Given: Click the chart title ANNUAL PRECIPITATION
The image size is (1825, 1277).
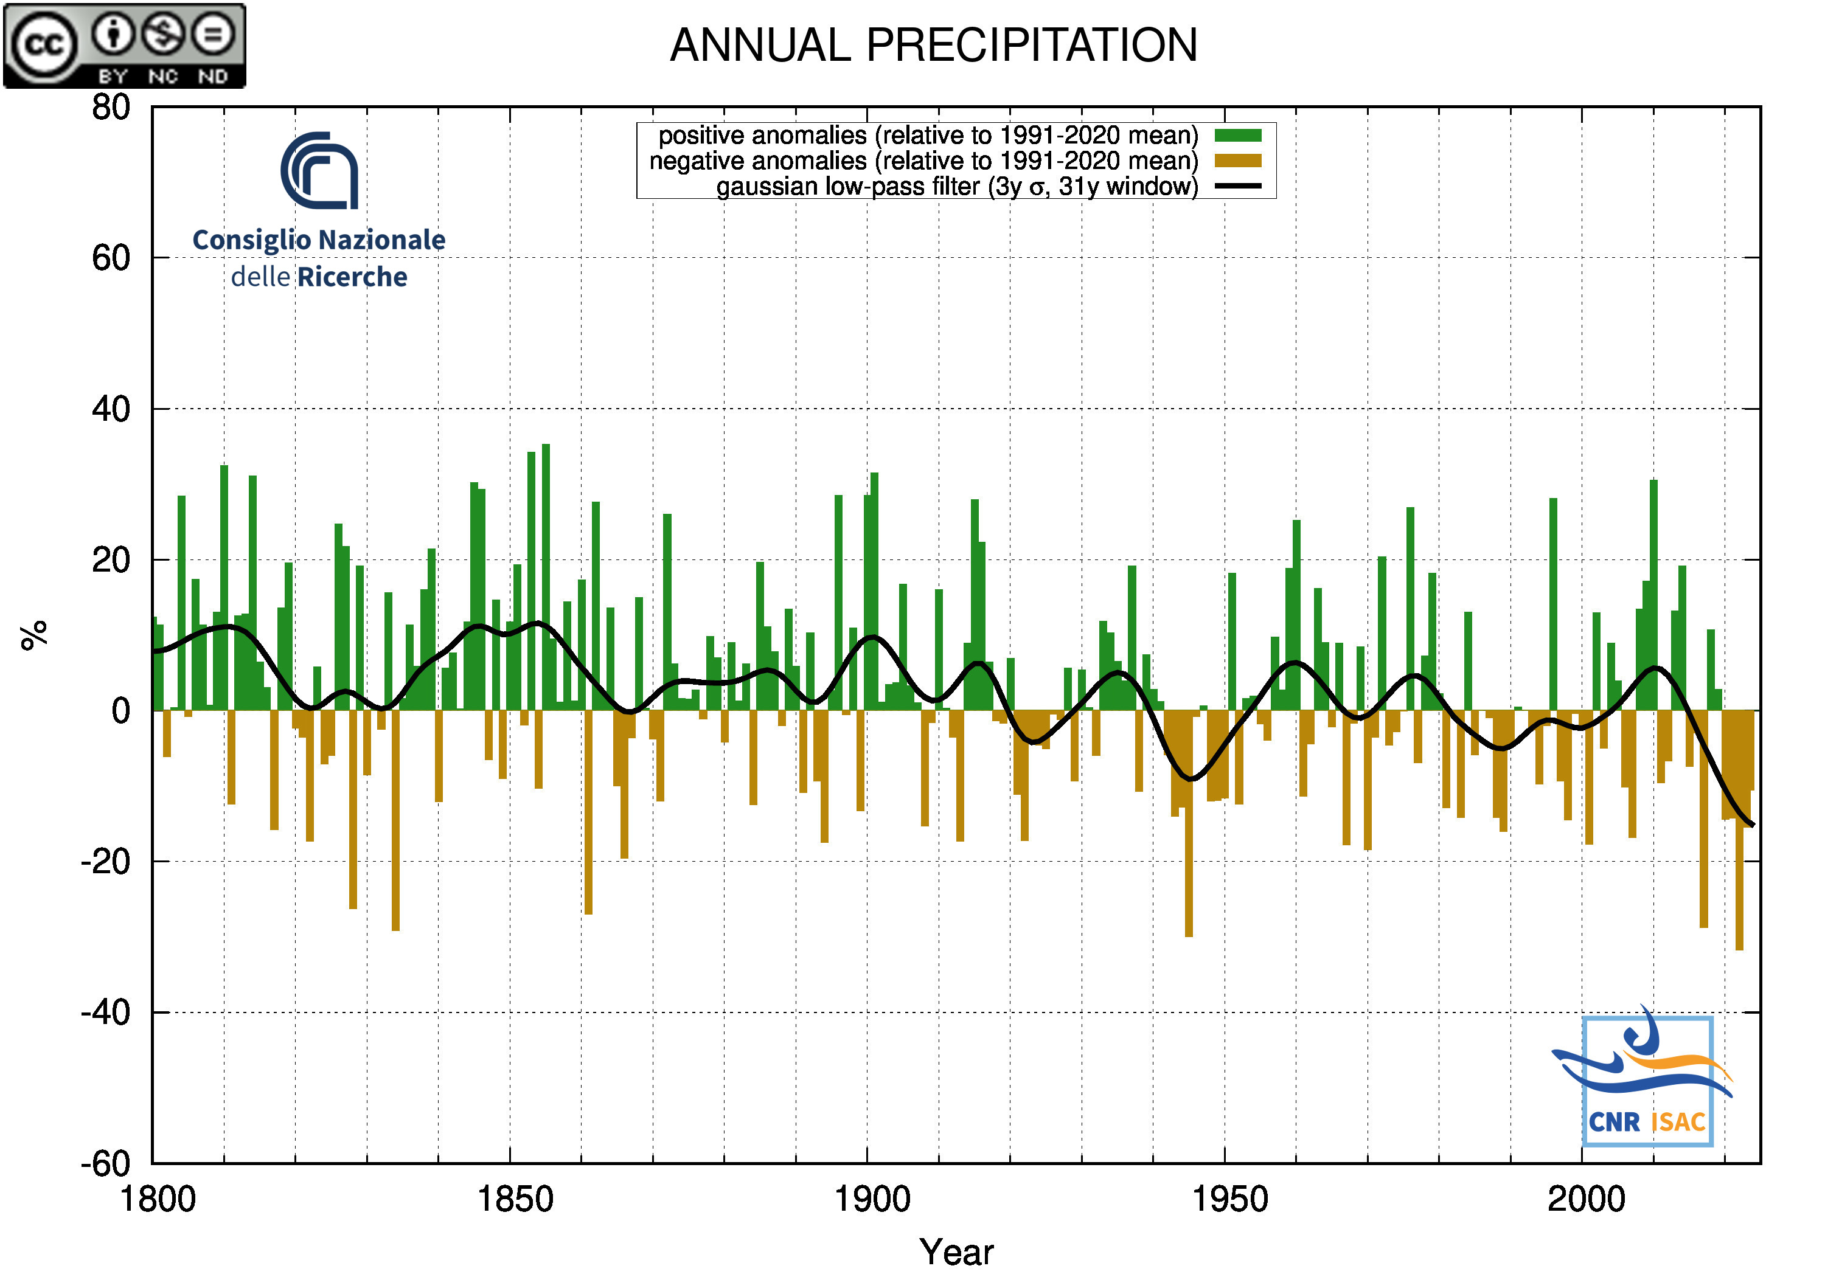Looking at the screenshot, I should tap(933, 45).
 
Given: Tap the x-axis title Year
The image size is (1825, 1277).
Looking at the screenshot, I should tap(956, 1251).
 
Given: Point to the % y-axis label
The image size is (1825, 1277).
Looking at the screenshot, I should tap(33, 635).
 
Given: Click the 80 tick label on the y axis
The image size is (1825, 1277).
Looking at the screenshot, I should tap(111, 107).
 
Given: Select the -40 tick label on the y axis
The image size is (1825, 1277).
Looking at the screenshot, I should tap(105, 1012).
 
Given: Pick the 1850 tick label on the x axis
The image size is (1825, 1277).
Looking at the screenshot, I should tap(514, 1199).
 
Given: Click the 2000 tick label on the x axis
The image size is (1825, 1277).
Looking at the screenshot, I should tap(1586, 1199).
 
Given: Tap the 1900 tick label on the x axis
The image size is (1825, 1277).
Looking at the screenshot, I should tap(872, 1199).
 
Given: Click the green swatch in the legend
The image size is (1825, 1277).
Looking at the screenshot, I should tap(1237, 136).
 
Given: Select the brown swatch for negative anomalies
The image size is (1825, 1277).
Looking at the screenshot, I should tap(1237, 161).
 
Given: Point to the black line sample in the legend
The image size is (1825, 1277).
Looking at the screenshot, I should tap(1237, 187).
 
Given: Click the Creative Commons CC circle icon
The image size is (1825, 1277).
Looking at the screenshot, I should tap(43, 45).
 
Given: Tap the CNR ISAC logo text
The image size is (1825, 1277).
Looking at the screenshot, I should tap(1647, 1121).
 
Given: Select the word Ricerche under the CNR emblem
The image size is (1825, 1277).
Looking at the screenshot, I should tap(352, 277).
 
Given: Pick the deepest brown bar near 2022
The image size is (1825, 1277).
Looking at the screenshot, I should tap(1739, 831).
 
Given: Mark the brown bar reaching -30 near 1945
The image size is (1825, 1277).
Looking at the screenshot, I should tap(1188, 823).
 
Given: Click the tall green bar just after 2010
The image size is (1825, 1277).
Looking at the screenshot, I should tap(1653, 594).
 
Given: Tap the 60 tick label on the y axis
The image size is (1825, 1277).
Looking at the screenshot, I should tap(111, 258).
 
